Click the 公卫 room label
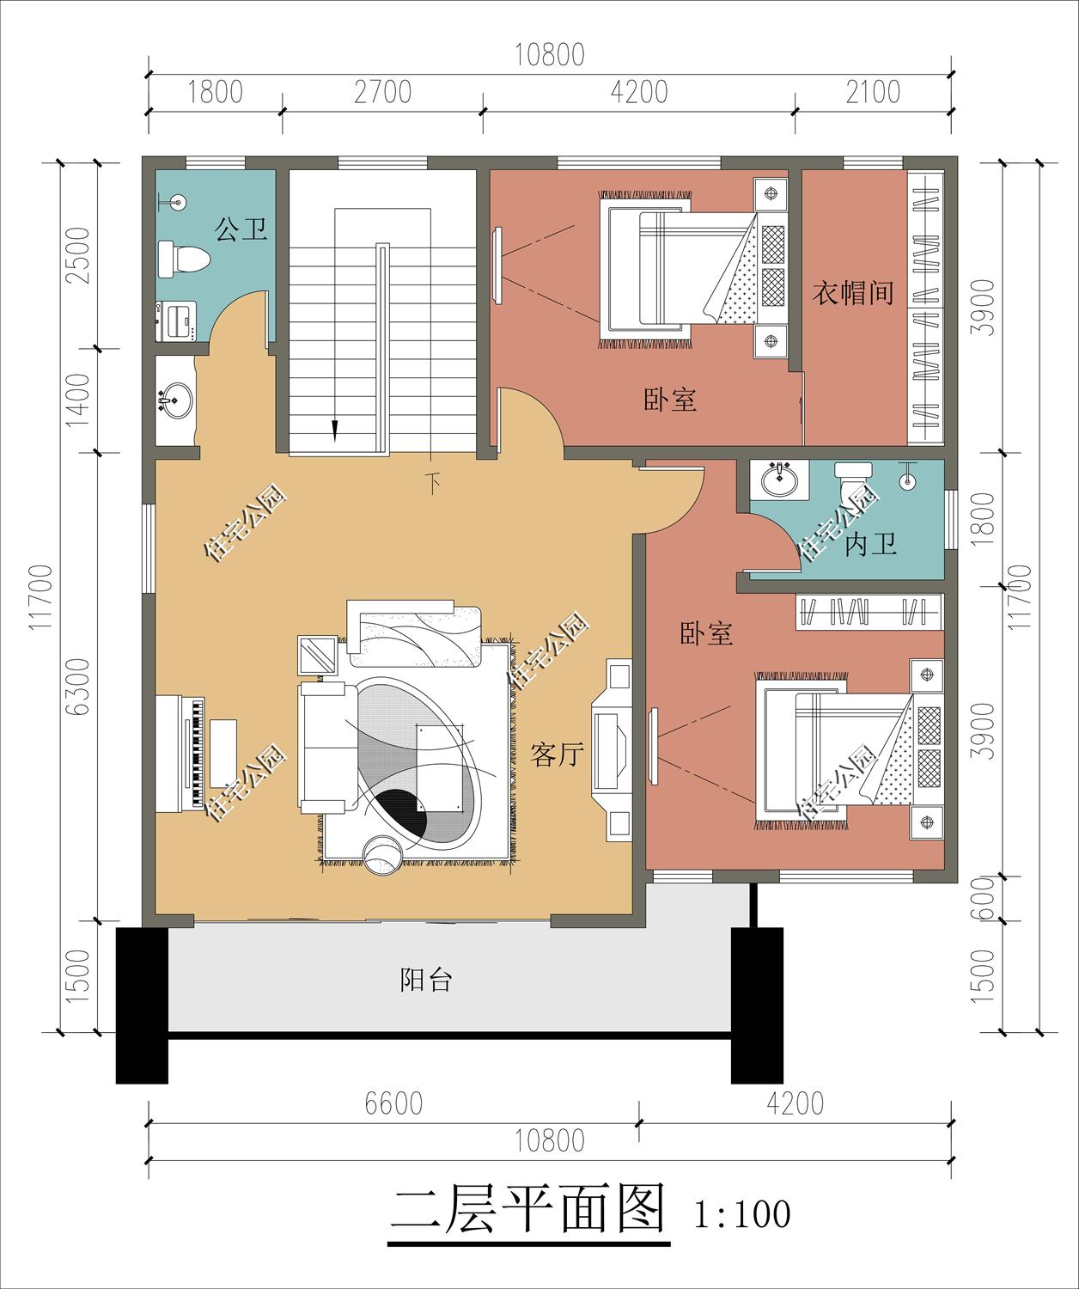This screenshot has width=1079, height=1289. coord(241,229)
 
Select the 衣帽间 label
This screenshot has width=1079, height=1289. coord(853,294)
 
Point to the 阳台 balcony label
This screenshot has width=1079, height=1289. coord(426,980)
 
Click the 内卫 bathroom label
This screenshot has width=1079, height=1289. coord(870,544)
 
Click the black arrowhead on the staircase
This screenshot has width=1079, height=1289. coord(335,429)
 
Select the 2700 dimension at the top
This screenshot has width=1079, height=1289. coord(382,92)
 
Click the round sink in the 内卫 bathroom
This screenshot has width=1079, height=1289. coord(778,480)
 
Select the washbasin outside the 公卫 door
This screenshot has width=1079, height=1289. coord(175,400)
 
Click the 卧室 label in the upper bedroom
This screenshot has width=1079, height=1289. coord(670,400)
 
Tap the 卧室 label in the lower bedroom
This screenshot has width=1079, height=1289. coord(706,634)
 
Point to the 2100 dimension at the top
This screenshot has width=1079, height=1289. coord(872,92)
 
